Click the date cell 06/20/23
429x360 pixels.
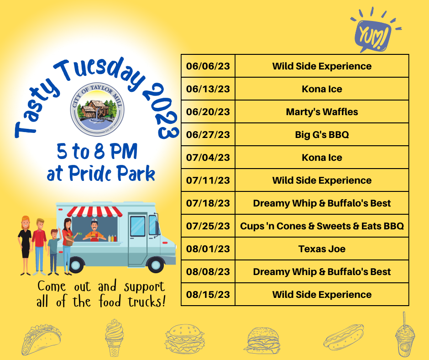(208, 112)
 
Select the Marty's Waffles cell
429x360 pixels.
(322, 112)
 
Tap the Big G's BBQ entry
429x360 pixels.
(322, 134)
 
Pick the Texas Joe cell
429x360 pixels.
(322, 249)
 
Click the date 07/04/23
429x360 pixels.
(208, 158)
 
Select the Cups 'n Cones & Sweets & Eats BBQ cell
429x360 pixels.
(322, 226)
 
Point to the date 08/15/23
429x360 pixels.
(208, 295)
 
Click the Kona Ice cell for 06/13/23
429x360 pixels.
(322, 89)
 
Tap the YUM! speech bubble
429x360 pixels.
(373, 34)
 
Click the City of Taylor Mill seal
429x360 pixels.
(97, 110)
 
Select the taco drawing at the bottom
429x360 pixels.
(41, 339)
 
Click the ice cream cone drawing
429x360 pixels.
(114, 338)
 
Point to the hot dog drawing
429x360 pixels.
(344, 338)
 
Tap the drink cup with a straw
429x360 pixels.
(405, 336)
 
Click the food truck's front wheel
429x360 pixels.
(156, 265)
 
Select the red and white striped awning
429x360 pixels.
(94, 212)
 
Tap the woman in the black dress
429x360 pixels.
(25, 245)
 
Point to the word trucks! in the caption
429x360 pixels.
(146, 302)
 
